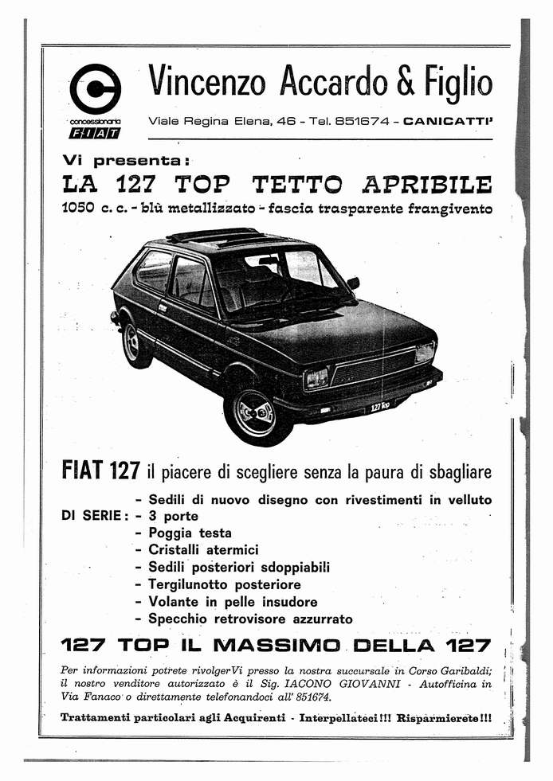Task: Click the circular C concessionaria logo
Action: pos(95,88)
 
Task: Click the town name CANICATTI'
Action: pos(449,122)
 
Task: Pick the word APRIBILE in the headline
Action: pos(427,185)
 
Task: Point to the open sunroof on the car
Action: pos(210,235)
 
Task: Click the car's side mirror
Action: pos(353,283)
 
